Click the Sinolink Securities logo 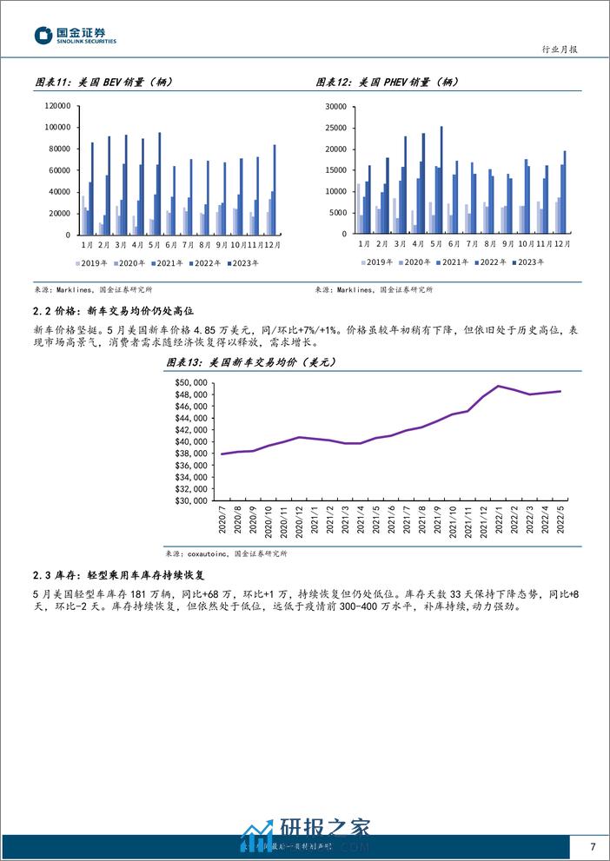(x=75, y=36)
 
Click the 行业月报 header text (x=559, y=50)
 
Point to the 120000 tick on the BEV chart (x=56, y=106)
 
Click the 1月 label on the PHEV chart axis (x=362, y=244)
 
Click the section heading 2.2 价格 (x=118, y=308)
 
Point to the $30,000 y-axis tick (x=189, y=500)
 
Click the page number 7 (x=592, y=846)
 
